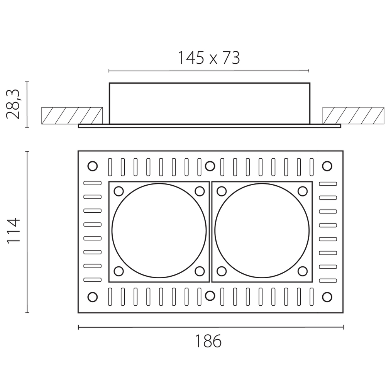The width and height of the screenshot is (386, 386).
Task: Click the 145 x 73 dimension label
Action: coord(208,58)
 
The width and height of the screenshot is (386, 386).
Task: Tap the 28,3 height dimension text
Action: coord(13,104)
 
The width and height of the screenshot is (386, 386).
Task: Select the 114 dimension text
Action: coord(13,231)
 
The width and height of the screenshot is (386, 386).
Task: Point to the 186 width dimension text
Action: coord(208,341)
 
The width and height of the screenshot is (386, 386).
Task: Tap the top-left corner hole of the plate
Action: coord(93,166)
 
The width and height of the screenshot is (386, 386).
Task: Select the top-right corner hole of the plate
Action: coord(327,166)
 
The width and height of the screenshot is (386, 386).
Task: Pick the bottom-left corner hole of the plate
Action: coord(93,297)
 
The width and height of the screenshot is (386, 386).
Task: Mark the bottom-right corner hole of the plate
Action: coord(327,297)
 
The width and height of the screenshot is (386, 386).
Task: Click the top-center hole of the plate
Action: coord(210,166)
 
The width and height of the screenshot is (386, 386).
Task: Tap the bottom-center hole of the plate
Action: coord(210,296)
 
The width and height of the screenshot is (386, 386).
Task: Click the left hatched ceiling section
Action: coord(72,115)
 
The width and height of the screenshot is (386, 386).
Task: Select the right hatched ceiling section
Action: coord(353,115)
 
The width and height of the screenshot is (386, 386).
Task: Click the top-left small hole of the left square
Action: coord(119,191)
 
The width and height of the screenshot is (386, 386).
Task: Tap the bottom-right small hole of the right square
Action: coord(303,271)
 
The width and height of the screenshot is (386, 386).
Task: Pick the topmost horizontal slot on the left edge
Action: coord(93,183)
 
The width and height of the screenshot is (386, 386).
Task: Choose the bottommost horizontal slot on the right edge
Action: coord(328,280)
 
